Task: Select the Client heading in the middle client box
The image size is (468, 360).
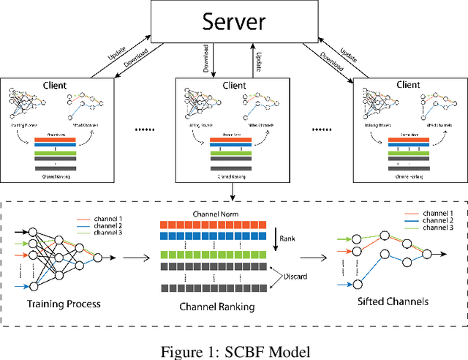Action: tap(233, 85)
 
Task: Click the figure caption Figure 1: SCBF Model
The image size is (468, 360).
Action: tap(233, 350)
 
